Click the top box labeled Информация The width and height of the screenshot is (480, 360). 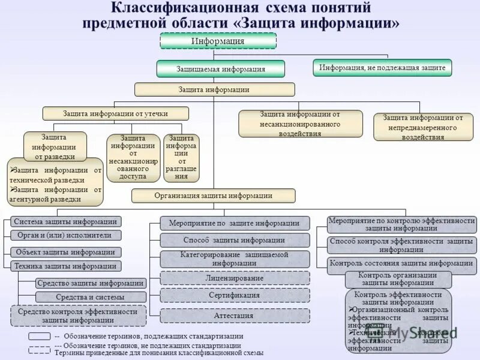(218, 41)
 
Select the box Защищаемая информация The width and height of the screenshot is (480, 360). (220, 69)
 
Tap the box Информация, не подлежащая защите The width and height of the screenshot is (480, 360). (382, 68)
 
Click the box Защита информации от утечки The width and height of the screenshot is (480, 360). (115, 113)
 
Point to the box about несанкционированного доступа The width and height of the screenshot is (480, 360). (133, 158)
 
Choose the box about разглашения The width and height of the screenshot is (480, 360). (181, 158)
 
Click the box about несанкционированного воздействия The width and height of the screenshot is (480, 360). (300, 124)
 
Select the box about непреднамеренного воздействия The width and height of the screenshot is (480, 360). (423, 127)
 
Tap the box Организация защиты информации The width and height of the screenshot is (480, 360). (213, 196)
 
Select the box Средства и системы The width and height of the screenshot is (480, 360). (90, 297)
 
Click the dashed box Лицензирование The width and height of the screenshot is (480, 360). (235, 278)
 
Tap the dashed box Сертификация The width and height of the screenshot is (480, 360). (235, 296)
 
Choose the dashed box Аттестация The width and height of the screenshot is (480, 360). (235, 316)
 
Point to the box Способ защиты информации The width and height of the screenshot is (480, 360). (235, 241)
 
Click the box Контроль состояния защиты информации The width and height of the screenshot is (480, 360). (401, 263)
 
